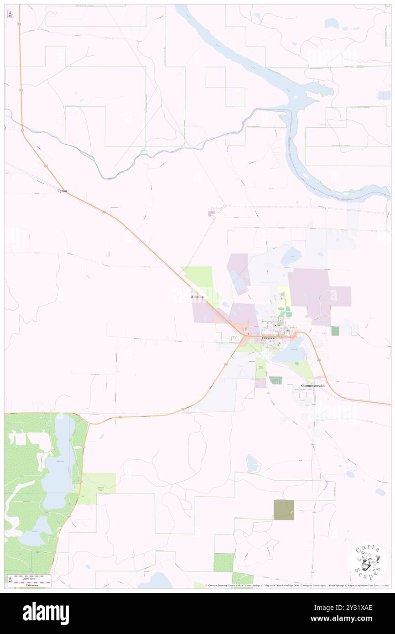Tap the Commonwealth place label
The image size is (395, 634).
[x=312, y=386]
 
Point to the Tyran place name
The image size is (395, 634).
[x=62, y=191]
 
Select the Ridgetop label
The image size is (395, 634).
[x=197, y=297]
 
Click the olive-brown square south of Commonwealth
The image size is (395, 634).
[x=284, y=510]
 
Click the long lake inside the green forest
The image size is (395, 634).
[x=64, y=461]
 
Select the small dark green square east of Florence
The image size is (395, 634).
[x=335, y=331]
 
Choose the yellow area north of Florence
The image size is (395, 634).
[x=284, y=296]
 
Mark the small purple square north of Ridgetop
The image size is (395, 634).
[x=211, y=213]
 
